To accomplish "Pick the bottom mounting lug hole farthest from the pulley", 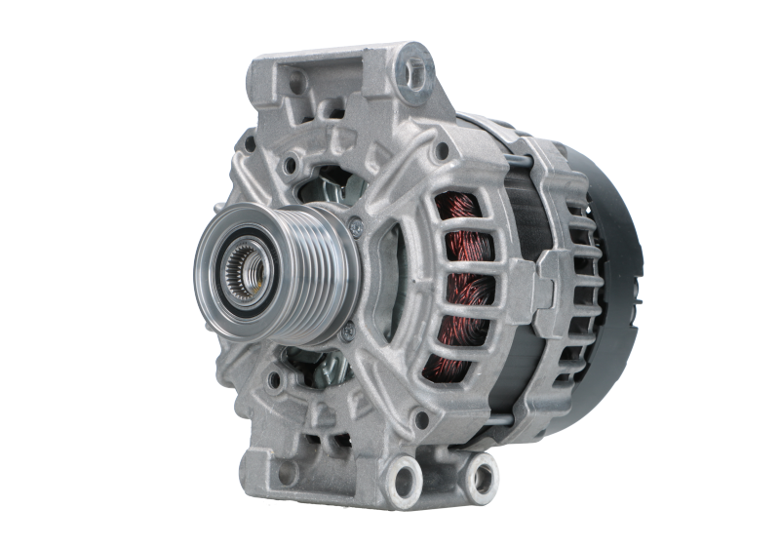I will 480,475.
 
